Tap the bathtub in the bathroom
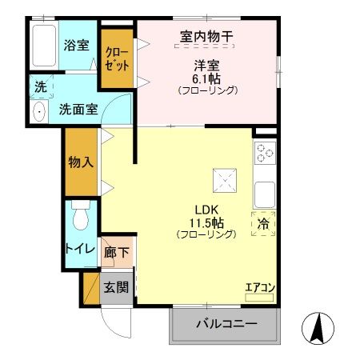click(43, 46)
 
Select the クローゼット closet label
click(117, 61)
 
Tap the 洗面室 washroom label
click(78, 110)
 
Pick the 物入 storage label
click(81, 161)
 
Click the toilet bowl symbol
click(80, 217)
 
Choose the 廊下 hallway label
click(117, 254)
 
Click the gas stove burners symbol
click(265, 151)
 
